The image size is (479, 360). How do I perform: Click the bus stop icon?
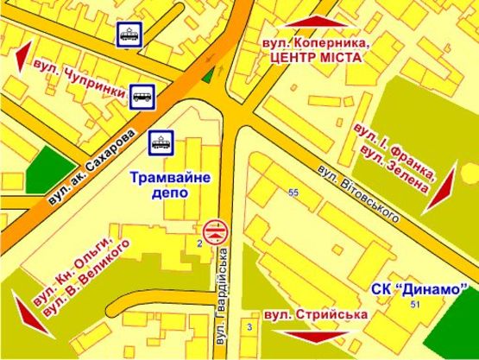142,97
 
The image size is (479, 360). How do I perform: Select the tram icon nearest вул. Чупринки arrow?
129,35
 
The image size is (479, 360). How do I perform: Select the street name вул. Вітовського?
357,193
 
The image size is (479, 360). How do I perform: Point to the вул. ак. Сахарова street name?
91,167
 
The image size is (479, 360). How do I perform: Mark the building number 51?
416,305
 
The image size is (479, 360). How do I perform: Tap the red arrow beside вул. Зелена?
441,189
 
